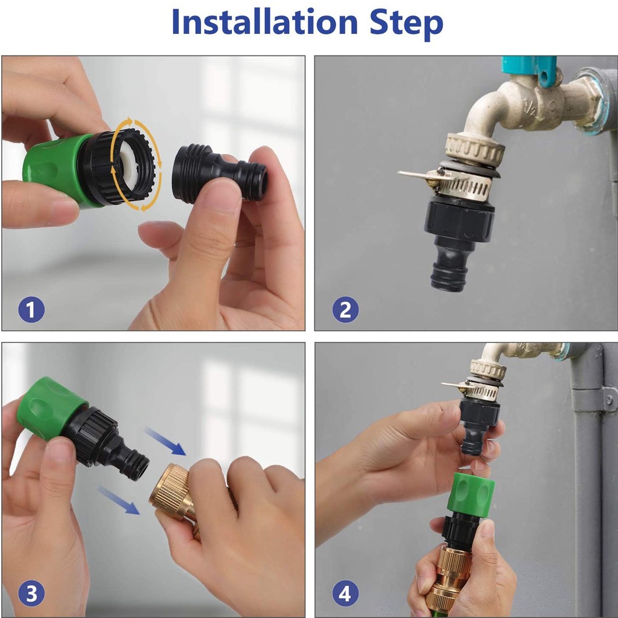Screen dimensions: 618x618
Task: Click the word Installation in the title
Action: pos(264,22)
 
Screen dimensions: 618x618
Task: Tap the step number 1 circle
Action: pos(31,311)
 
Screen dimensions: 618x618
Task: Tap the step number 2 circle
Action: pos(345,310)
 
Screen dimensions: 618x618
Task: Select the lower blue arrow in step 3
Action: pos(118,500)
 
